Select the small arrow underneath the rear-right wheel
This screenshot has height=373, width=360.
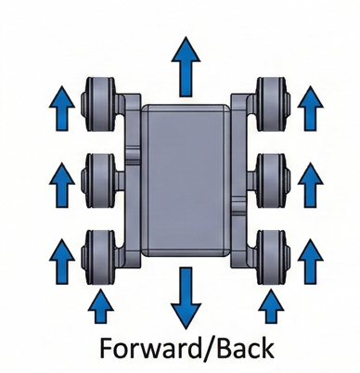point(271,305)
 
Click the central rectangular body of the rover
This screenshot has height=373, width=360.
point(186,178)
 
